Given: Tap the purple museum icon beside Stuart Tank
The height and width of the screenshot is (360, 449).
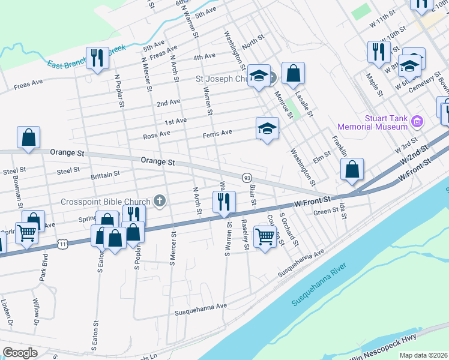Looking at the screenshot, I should [x=418, y=122].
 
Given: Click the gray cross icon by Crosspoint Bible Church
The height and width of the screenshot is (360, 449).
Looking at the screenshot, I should [x=160, y=201].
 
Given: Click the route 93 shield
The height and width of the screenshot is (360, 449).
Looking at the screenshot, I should [x=247, y=178].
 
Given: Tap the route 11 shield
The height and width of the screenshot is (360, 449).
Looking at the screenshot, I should [x=62, y=244].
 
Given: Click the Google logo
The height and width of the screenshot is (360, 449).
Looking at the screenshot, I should [x=20, y=353].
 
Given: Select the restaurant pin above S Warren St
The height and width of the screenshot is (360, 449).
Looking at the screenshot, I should [x=224, y=202].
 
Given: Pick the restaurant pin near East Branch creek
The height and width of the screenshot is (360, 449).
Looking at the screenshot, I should [x=96, y=58].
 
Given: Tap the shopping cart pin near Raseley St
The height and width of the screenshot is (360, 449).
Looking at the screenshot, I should [x=265, y=236].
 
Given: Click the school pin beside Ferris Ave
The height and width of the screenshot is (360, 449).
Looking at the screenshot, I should [x=267, y=128].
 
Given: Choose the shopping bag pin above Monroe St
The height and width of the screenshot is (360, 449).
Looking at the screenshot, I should [x=292, y=74].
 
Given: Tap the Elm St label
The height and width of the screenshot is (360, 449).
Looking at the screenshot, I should [x=322, y=160].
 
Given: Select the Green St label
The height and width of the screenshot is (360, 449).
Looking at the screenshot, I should [x=327, y=211].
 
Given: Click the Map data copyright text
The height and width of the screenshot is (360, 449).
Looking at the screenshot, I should [x=423, y=355].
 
